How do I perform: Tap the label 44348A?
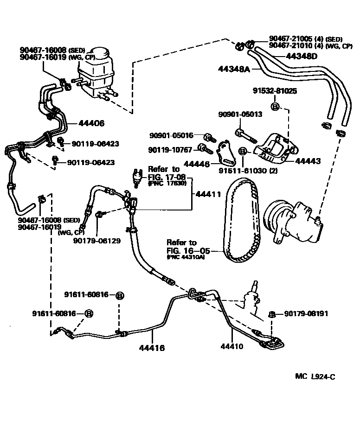tap(234, 70)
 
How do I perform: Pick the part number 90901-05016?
tap(171, 135)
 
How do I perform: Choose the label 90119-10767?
tap(170, 150)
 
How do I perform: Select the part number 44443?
tap(308, 161)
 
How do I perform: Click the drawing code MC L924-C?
tap(315, 376)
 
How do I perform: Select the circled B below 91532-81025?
tap(275, 107)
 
